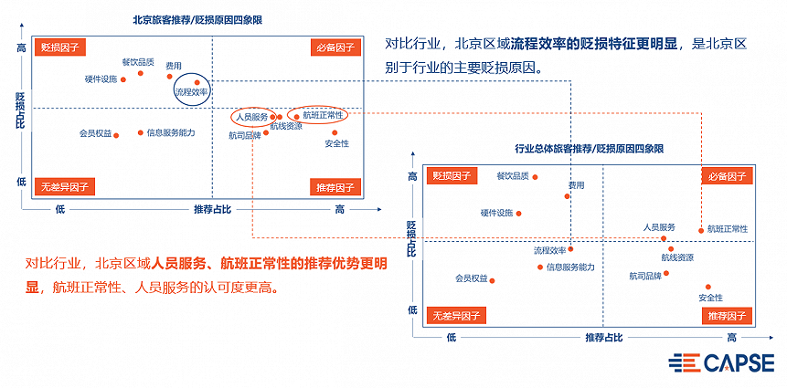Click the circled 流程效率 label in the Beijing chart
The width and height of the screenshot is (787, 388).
[x=192, y=92]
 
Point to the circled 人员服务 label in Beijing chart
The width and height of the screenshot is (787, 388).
[x=251, y=117]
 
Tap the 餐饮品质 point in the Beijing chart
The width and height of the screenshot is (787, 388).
[x=141, y=73]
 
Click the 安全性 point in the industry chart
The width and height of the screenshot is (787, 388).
[x=707, y=287]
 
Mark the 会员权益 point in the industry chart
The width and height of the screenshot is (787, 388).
[x=493, y=280]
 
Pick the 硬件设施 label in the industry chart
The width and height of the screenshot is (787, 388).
[x=497, y=213]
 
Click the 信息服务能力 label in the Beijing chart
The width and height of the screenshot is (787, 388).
[x=171, y=133]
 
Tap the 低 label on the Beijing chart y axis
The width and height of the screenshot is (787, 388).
[x=20, y=182]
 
